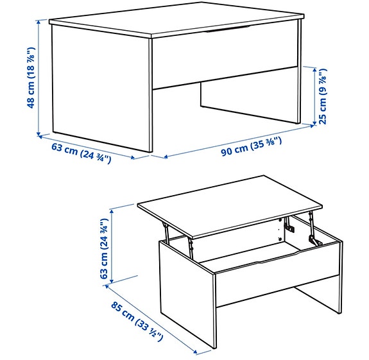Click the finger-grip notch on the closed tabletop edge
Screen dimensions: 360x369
225,28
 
